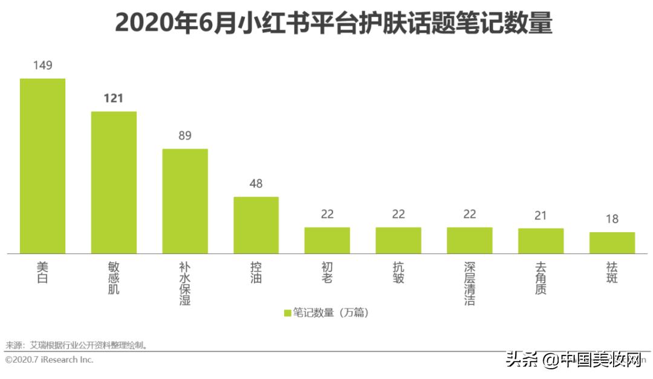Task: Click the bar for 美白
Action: pyautogui.click(x=42, y=166)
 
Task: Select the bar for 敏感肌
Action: pyautogui.click(x=114, y=183)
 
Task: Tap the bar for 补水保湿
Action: pyautogui.click(x=185, y=201)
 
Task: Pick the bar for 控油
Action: pyautogui.click(x=256, y=225)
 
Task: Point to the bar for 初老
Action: pyautogui.click(x=327, y=240)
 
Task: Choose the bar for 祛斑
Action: pyautogui.click(x=612, y=242)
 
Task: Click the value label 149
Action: pyautogui.click(x=42, y=65)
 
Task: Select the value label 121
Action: pyautogui.click(x=114, y=98)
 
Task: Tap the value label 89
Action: pyautogui.click(x=185, y=135)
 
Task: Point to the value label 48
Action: pyautogui.click(x=256, y=184)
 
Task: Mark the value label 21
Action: pyautogui.click(x=541, y=215)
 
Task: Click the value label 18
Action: pyautogui.click(x=612, y=219)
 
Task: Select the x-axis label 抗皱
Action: pyautogui.click(x=398, y=273)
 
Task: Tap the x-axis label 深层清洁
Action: pyautogui.click(x=470, y=283)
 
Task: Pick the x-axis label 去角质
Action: pyautogui.click(x=541, y=278)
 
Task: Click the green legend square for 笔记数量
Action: pyautogui.click(x=287, y=313)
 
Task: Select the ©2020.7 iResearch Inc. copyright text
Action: pyautogui.click(x=50, y=360)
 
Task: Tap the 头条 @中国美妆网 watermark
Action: pyautogui.click(x=574, y=360)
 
